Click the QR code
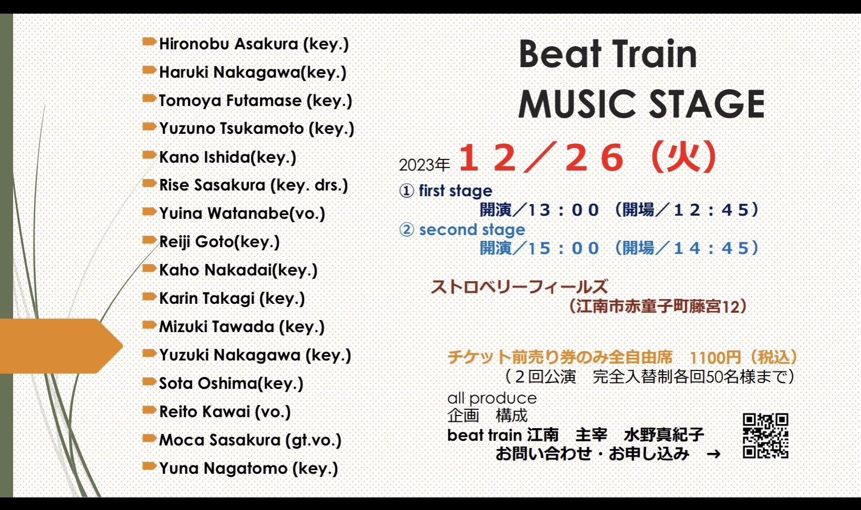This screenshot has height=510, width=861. [765, 436]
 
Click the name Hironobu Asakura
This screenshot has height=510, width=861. [229, 44]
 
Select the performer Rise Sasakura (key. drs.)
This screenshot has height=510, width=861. [254, 185]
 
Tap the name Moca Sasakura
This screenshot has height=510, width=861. [220, 440]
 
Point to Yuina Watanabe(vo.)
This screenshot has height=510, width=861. [242, 214]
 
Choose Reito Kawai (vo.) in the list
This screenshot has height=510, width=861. [225, 412]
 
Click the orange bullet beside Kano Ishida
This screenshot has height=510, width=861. [149, 155]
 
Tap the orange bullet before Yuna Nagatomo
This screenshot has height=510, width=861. [149, 466]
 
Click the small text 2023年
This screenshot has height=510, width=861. [424, 165]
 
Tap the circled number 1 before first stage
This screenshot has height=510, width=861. [407, 191]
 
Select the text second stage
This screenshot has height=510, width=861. [472, 230]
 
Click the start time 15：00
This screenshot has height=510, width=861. [563, 249]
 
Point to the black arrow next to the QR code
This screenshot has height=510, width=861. [713, 454]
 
